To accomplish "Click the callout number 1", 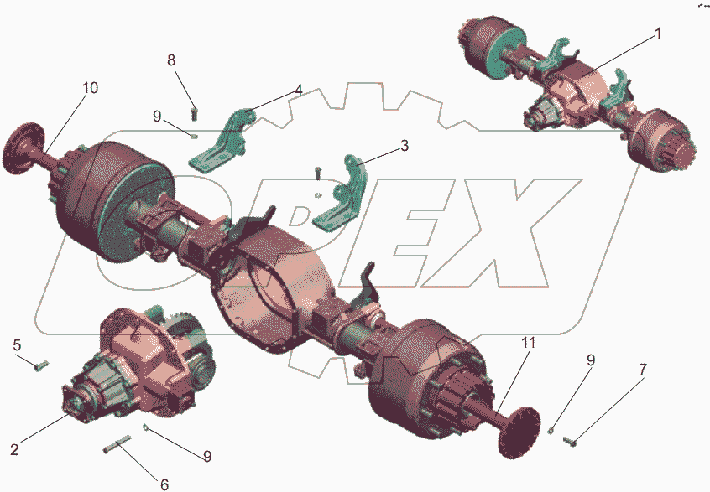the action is tap(658, 34).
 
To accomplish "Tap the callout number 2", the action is tap(15, 449).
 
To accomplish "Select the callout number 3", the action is tap(405, 146).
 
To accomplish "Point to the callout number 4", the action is tap(297, 90).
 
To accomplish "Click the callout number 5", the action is tap(17, 345).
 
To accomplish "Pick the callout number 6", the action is tap(164, 484).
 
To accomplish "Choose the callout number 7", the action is tap(643, 370).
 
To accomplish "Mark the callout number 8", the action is tap(171, 60).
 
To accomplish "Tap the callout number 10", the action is tap(90, 87).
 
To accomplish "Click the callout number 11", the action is tap(528, 343).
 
